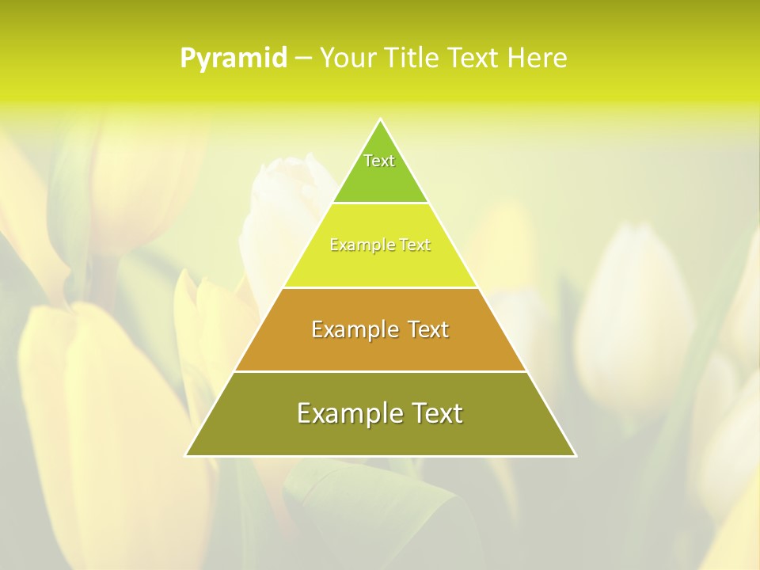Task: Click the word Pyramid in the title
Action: [234, 59]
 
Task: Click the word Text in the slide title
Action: [474, 58]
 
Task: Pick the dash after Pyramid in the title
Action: [302, 59]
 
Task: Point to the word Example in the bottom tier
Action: [348, 413]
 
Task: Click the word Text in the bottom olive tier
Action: [435, 413]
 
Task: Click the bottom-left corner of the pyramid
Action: [186, 455]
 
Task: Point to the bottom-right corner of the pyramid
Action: [576, 455]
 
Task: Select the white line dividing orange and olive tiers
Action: [380, 371]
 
